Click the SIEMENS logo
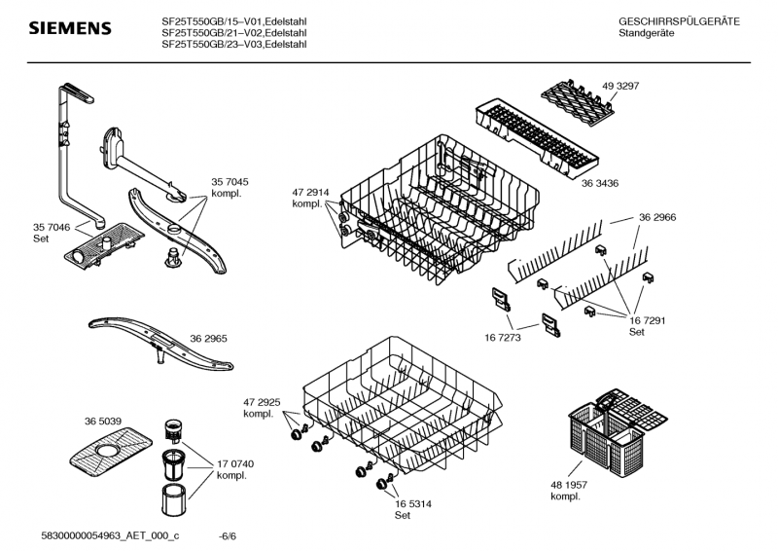69,29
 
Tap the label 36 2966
657,217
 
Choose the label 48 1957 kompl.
571,491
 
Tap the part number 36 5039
103,421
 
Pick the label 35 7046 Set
53,232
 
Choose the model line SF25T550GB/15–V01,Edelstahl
238,21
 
